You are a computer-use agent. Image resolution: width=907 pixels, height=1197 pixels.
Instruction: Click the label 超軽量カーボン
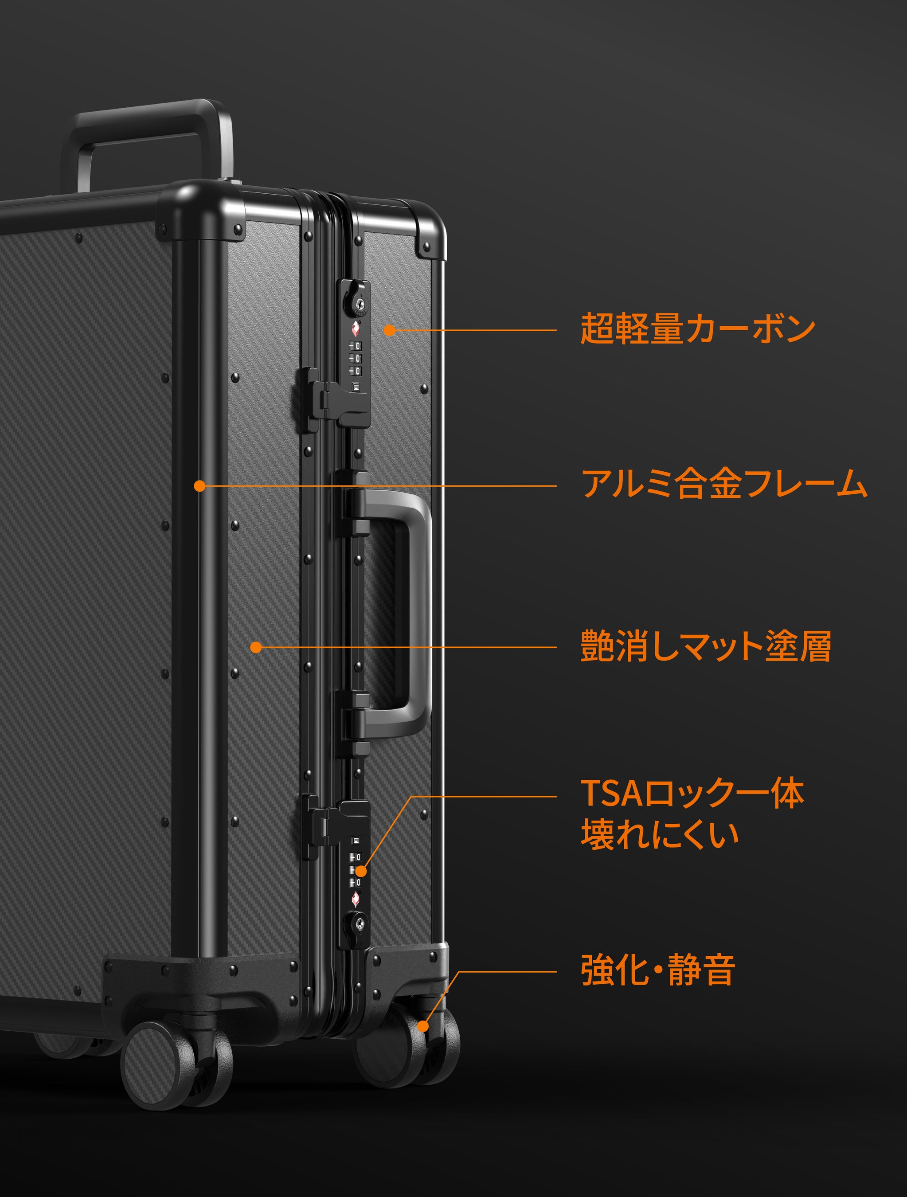697,329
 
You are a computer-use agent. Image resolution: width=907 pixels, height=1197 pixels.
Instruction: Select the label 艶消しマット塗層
705,646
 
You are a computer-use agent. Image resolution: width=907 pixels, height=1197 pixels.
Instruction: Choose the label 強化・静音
657,970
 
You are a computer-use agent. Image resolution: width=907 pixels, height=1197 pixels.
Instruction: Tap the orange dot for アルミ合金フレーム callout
199,486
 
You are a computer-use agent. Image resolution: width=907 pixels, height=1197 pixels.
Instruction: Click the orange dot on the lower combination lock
361,871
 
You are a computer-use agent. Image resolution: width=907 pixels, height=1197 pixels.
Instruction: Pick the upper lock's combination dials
356,358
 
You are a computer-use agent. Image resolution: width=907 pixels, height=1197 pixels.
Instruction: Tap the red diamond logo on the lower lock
356,898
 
